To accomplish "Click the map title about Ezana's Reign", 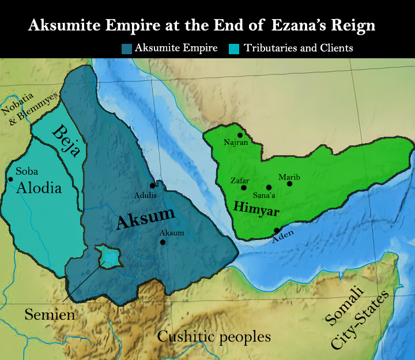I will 202,26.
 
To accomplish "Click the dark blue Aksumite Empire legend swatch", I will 127,48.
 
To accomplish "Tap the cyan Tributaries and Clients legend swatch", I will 234,48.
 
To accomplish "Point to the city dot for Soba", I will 10,179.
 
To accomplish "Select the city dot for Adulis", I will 153,186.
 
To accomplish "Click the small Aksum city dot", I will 163,242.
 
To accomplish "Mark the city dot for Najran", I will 240,135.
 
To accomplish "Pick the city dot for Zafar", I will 244,187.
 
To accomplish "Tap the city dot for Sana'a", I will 269,187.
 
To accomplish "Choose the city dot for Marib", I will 289,183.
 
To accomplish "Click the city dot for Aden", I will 277,230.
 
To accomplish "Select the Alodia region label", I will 39,188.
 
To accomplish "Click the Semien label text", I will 50,315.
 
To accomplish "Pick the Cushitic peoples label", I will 214,336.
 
